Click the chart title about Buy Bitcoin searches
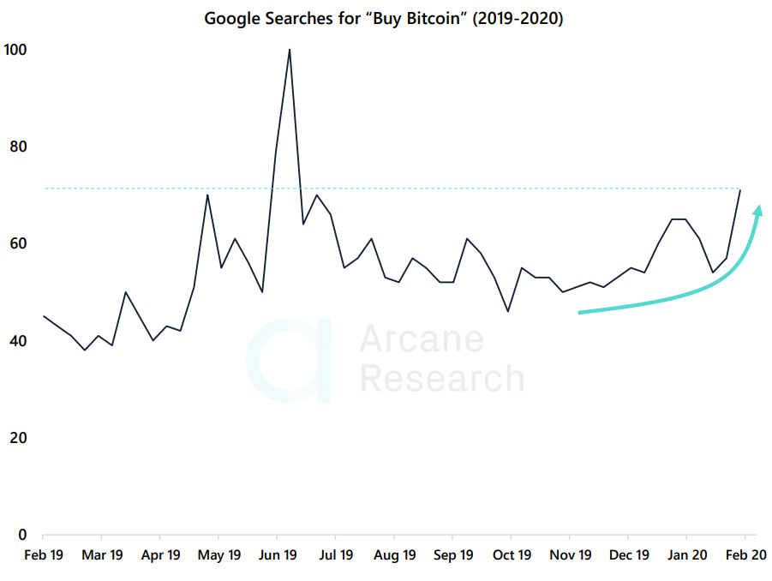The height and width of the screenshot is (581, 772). pyautogui.click(x=383, y=18)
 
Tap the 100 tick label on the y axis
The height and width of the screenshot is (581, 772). pyautogui.click(x=15, y=50)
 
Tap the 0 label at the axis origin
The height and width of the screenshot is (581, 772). pyautogui.click(x=23, y=535)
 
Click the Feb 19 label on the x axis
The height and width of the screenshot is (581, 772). pyautogui.click(x=44, y=555)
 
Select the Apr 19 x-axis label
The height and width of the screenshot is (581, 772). pyautogui.click(x=159, y=555)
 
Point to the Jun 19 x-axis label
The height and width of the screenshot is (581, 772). pyautogui.click(x=277, y=555)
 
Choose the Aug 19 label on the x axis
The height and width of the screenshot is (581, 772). pyautogui.click(x=395, y=555)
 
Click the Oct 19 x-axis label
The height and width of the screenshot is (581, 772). pyautogui.click(x=512, y=555)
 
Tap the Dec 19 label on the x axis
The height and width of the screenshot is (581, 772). pyautogui.click(x=629, y=555)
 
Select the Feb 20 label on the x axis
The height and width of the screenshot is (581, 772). pyautogui.click(x=745, y=555)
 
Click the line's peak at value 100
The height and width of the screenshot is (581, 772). pyautogui.click(x=290, y=50)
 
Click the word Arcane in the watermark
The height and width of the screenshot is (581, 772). pyautogui.click(x=422, y=339)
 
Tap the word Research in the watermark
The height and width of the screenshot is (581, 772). pyautogui.click(x=441, y=378)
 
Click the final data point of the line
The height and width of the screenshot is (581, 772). pyautogui.click(x=740, y=189)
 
